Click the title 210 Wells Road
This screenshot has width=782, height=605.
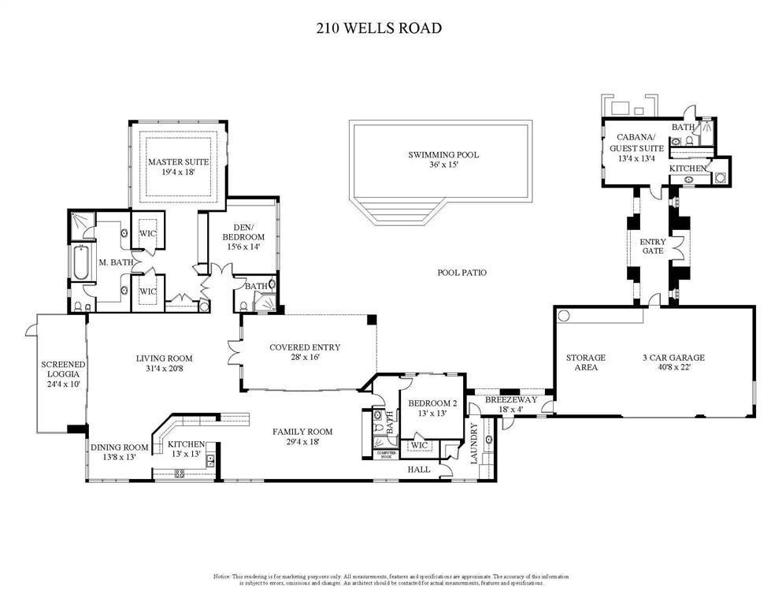click(378, 28)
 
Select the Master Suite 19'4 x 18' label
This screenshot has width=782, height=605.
click(178, 166)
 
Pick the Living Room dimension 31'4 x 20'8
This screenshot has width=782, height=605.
click(164, 369)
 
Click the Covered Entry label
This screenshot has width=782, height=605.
click(305, 352)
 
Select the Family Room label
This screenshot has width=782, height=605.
click(302, 436)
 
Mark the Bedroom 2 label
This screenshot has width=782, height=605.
click(428, 408)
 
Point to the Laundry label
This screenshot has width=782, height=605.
click(475, 444)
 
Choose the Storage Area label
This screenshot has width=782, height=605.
click(586, 362)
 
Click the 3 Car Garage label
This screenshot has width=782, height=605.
click(673, 362)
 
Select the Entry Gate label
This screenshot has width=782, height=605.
click(653, 247)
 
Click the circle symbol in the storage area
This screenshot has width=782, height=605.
click(564, 316)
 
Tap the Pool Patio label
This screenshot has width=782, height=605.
click(461, 273)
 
